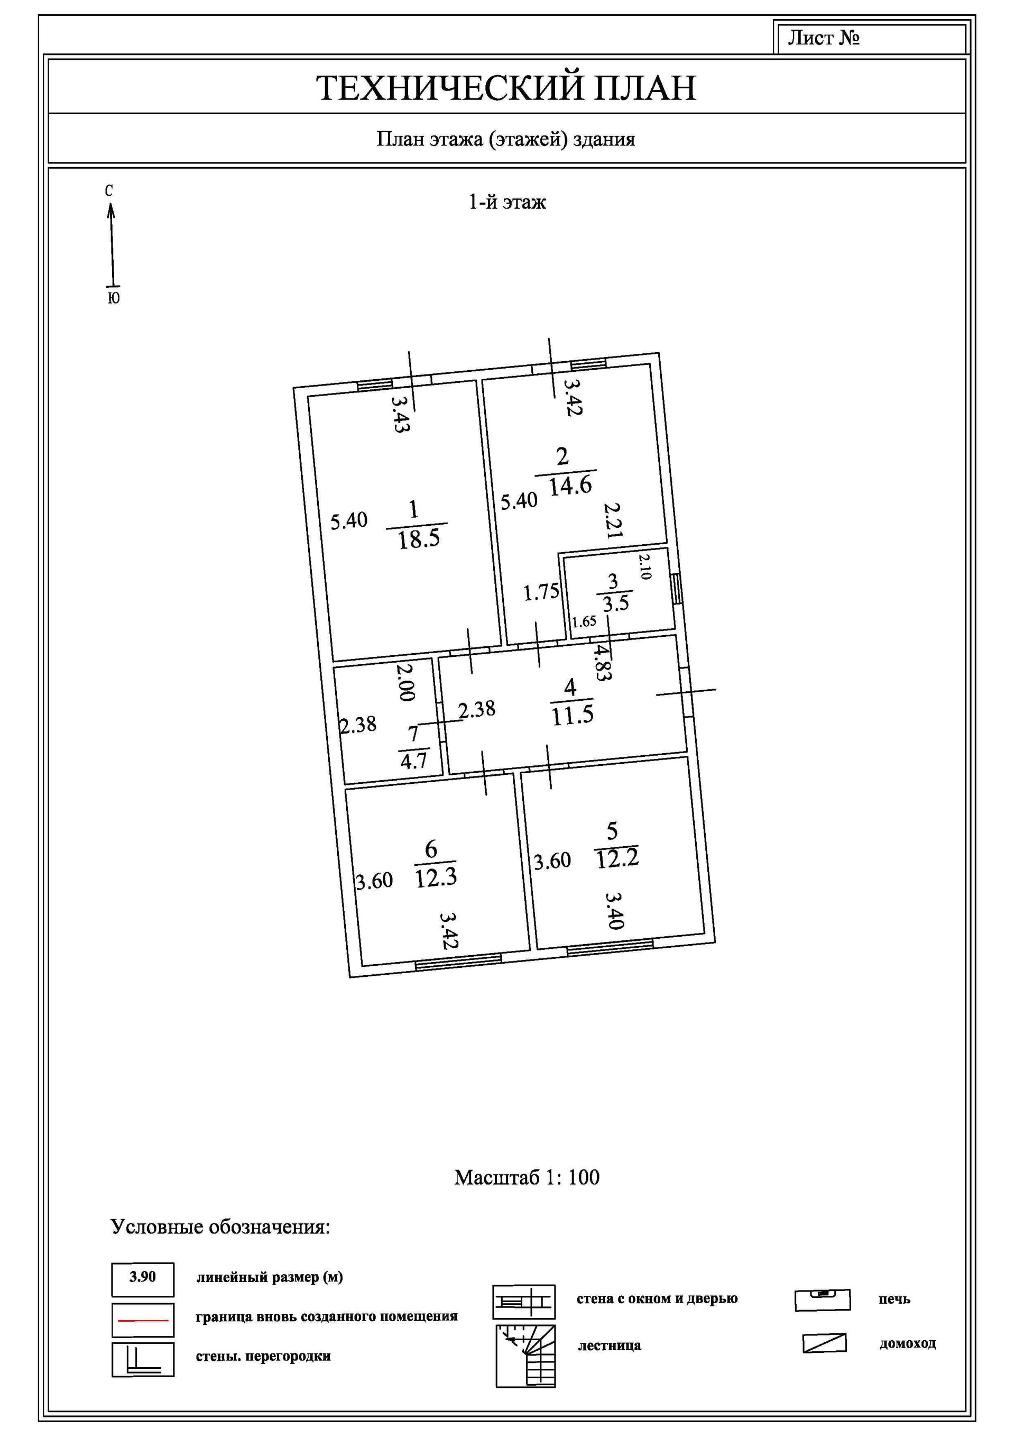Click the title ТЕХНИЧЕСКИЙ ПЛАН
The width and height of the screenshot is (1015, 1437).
coord(506,88)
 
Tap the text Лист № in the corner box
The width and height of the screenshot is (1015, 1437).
coord(823,38)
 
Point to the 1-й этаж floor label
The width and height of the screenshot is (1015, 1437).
coord(507,202)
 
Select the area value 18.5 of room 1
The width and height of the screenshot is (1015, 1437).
coord(419,539)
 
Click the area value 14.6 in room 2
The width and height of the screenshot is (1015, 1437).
coord(570,486)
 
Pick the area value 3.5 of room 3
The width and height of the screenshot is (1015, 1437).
coord(616,604)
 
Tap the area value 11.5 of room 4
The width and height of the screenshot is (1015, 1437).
coord(573,715)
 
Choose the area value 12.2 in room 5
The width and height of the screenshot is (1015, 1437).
coord(617,859)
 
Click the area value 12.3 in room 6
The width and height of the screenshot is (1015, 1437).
coord(436,878)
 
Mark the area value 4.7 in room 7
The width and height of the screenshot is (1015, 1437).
coord(413,761)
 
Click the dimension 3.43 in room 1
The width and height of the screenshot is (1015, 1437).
coord(401,414)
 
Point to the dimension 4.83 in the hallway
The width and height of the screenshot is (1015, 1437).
coord(602,663)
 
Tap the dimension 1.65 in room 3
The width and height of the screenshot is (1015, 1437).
coord(584,622)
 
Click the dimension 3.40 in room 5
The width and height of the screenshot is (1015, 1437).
coord(614,911)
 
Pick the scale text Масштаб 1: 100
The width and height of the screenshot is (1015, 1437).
coord(527,1177)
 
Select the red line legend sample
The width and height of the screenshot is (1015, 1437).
coord(143,1320)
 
